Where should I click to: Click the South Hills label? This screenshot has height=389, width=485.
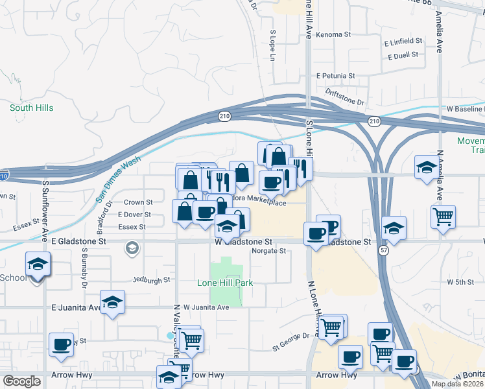[31, 108]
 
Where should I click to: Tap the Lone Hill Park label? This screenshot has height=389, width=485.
[224, 283]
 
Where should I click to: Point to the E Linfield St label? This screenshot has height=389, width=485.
[403, 41]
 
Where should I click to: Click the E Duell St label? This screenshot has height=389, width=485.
[404, 56]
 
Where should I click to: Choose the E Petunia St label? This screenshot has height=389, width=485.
[335, 76]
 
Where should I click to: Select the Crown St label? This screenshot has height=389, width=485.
[137, 202]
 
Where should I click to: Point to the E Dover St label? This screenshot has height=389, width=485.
[134, 215]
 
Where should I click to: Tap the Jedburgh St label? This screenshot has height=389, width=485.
[150, 280]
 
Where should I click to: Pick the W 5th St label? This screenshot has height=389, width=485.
[461, 282]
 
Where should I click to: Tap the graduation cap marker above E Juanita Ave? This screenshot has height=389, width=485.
[113, 302]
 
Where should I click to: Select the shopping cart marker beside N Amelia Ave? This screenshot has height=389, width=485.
[444, 217]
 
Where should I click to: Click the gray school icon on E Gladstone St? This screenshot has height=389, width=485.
[132, 247]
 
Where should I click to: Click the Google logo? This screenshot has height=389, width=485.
[21, 381]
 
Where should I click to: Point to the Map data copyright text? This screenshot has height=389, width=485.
[458, 384]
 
